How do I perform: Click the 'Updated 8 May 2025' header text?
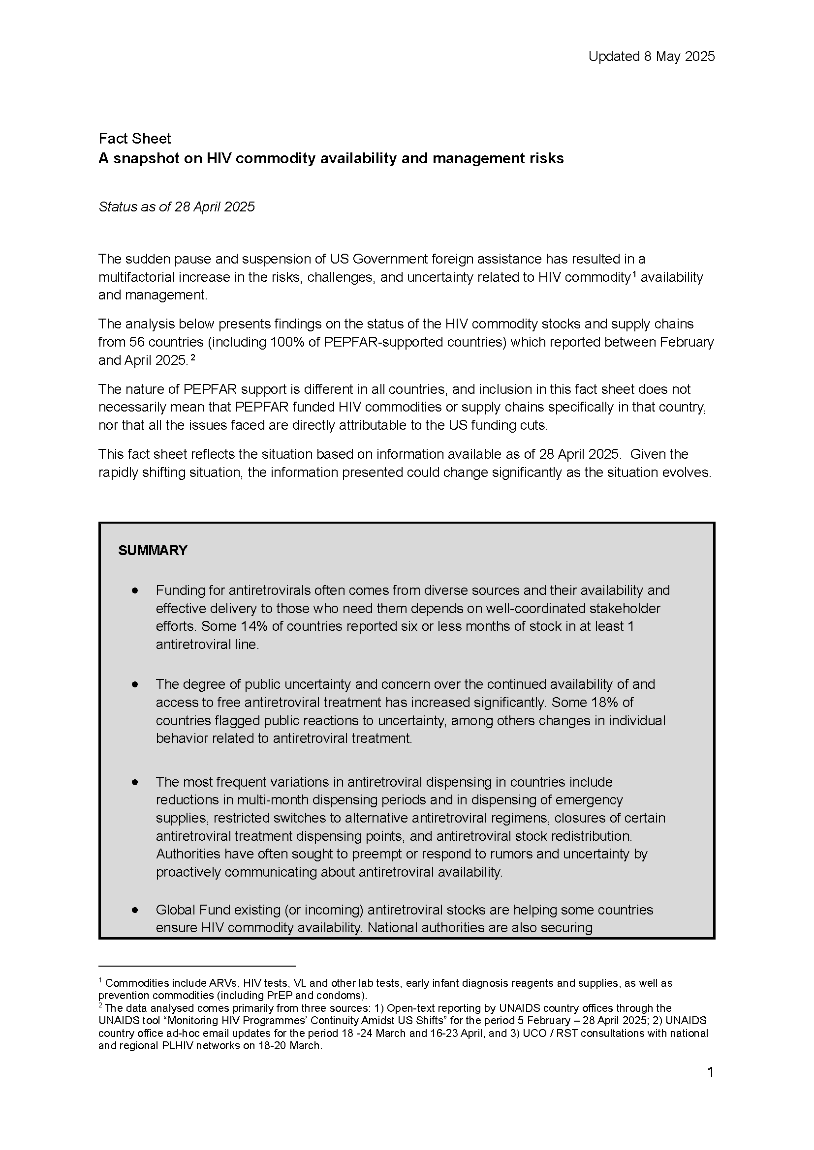point(651,57)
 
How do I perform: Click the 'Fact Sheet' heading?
point(134,139)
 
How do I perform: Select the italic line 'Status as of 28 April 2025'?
point(177,207)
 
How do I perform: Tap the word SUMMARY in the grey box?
point(153,551)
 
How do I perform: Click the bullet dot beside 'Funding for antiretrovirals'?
point(135,591)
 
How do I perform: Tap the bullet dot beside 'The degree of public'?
point(135,685)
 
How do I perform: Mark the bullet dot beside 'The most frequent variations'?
point(135,782)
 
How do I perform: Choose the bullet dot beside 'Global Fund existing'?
point(135,910)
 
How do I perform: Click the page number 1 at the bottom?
point(710,1073)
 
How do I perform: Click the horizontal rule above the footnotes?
point(196,966)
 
